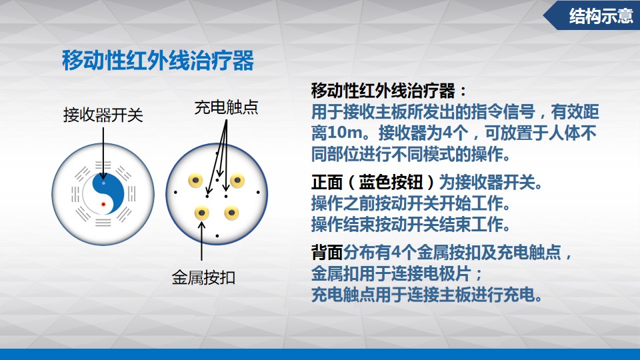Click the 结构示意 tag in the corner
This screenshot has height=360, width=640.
[x=601, y=16]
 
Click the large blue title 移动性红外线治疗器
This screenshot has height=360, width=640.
[x=158, y=61]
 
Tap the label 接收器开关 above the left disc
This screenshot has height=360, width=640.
[x=103, y=115]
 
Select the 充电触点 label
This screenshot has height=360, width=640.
[x=227, y=107]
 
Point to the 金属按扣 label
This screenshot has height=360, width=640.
[x=203, y=277]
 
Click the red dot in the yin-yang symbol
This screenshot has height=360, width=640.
[x=104, y=204]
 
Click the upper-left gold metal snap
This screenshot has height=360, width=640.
[x=195, y=181]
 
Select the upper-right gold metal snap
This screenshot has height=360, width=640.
[x=237, y=181]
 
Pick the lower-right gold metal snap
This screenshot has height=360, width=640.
[x=231, y=213]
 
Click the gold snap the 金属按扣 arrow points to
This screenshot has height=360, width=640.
[x=201, y=213]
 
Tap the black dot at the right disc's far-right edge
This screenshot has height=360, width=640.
[x=258, y=192]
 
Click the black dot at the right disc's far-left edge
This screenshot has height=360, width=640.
[x=175, y=192]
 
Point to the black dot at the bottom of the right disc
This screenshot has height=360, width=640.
[x=217, y=236]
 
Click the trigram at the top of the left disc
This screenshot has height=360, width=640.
[x=103, y=165]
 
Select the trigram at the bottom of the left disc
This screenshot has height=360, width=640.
[x=103, y=223]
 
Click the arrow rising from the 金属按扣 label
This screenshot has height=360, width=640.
[x=201, y=241]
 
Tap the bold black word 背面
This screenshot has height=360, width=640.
[x=327, y=253]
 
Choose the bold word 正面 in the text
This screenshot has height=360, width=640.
[x=327, y=182]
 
